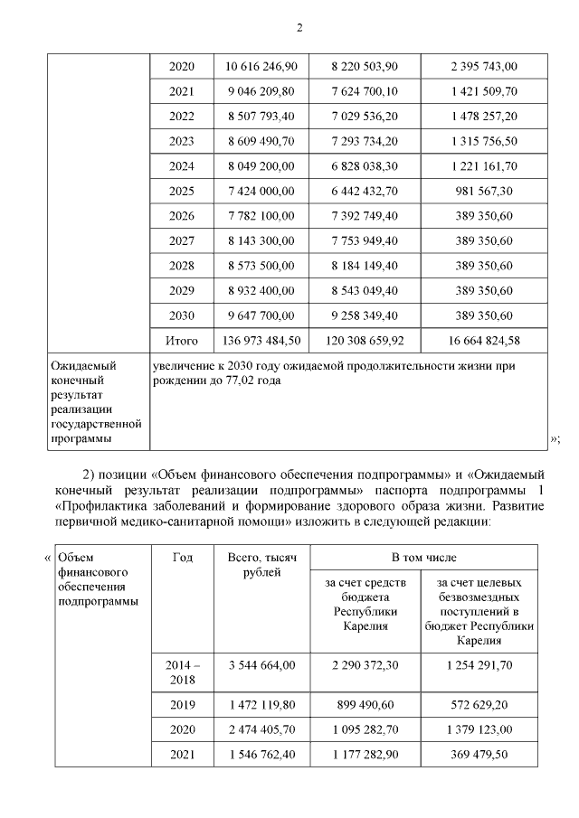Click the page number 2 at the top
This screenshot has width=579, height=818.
coord(299,28)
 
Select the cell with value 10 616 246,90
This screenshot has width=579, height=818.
coord(260,67)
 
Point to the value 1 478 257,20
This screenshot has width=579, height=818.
coord(486,117)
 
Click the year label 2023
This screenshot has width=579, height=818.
coord(181,142)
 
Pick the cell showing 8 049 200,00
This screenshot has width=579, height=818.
coord(260,166)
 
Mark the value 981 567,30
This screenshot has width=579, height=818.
coord(486,192)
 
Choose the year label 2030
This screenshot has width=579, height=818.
coord(181,315)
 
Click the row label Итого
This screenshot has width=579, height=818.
coord(181,341)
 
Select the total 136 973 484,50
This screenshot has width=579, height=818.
coord(260,341)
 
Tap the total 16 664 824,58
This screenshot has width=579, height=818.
coord(486,341)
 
